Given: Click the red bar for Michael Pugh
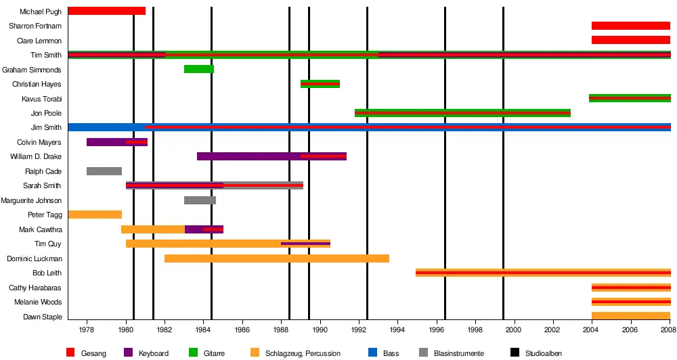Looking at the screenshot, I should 106,11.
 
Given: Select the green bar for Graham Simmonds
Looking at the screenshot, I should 199,69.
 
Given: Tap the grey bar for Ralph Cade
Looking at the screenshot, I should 104,171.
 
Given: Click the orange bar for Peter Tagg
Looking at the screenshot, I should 95,215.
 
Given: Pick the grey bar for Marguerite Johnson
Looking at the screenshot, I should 200,200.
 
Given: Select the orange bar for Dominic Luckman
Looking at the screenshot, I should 276,258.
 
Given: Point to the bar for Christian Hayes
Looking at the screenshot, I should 320,84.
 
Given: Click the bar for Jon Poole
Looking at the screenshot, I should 462,113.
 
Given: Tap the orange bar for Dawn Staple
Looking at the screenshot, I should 630,316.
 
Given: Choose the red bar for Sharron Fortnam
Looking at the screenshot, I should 630,26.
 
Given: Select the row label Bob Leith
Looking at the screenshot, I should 47,273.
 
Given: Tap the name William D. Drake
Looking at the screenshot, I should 36,157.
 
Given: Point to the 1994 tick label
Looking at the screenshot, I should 398,330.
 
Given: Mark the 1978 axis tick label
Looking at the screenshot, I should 87,330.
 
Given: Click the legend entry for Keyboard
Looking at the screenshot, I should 153,353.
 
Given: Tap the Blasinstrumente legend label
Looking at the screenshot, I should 460,353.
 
